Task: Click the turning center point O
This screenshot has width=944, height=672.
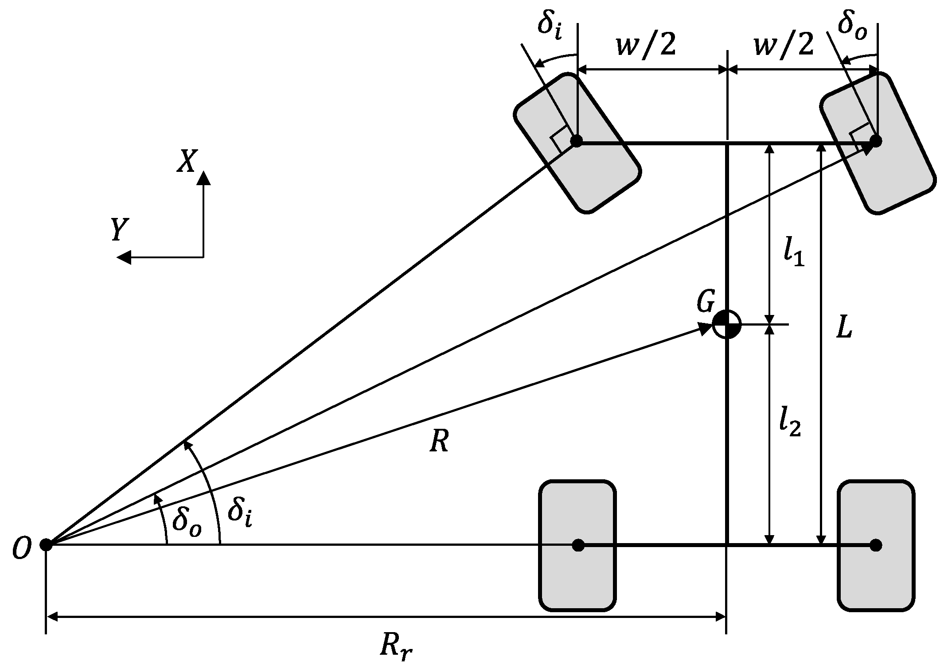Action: click(x=46, y=544)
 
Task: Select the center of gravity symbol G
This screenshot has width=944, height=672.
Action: click(x=726, y=324)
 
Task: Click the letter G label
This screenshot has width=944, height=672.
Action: click(x=706, y=303)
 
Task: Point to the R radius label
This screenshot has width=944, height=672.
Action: click(x=439, y=442)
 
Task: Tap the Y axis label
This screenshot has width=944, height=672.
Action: click(x=120, y=230)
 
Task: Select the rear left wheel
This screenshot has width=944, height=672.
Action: click(x=577, y=545)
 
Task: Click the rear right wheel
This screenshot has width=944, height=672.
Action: click(x=876, y=545)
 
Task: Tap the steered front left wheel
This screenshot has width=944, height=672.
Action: click(x=577, y=143)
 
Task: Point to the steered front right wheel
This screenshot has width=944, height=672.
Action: click(x=877, y=144)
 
